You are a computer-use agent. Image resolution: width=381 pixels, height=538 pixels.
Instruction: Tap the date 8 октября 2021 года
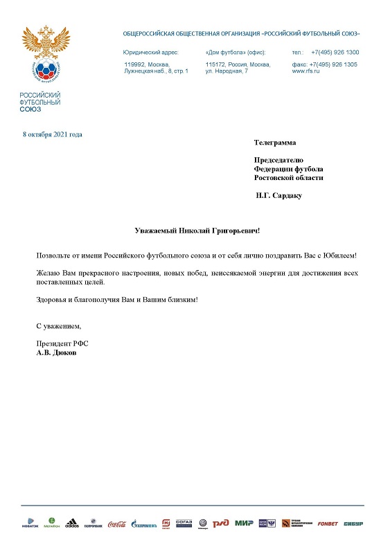click(53, 134)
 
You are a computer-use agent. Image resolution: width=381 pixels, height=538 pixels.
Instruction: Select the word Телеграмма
click(275, 143)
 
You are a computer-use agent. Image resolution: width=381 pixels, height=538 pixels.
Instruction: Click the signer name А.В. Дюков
click(57, 352)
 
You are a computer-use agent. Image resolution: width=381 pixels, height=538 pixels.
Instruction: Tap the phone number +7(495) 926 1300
click(335, 53)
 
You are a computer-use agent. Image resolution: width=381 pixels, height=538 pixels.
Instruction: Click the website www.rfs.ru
click(305, 71)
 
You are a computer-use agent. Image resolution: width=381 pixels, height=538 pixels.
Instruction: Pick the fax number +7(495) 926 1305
click(335, 64)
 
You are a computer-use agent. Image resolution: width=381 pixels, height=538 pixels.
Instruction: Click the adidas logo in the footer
click(71, 523)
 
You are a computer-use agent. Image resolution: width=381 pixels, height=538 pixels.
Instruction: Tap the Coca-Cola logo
click(117, 523)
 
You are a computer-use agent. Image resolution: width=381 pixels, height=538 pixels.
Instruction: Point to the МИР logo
click(244, 523)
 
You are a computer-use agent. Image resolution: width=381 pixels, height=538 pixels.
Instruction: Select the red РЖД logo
click(221, 523)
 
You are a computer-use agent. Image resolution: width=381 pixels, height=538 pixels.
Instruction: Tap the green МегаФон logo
click(51, 523)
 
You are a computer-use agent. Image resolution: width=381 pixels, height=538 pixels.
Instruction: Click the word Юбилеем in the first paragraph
click(337, 256)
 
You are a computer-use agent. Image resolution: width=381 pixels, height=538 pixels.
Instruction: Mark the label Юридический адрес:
click(151, 53)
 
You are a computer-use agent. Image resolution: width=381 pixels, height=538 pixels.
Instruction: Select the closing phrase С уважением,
click(59, 325)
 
